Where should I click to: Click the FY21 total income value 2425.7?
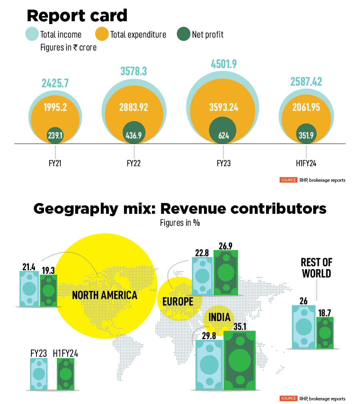coord(55,83)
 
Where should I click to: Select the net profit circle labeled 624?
coord(223,130)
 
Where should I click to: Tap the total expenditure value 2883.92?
coord(134,107)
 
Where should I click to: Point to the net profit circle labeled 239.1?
coord(55,135)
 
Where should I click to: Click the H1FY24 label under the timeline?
coord(306,163)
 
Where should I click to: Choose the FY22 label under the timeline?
coord(134,163)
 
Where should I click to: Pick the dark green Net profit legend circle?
coord(183,34)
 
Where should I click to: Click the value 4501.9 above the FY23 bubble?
coord(223,64)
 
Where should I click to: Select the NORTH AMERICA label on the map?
coord(104,295)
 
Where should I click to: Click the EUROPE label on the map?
coord(178,301)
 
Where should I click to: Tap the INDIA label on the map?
coord(219,318)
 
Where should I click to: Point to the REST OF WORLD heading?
coord(316,268)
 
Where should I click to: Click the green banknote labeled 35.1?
coord(240,360)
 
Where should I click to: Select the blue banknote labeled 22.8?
coord(202,276)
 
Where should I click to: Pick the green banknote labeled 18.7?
coord(324,332)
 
